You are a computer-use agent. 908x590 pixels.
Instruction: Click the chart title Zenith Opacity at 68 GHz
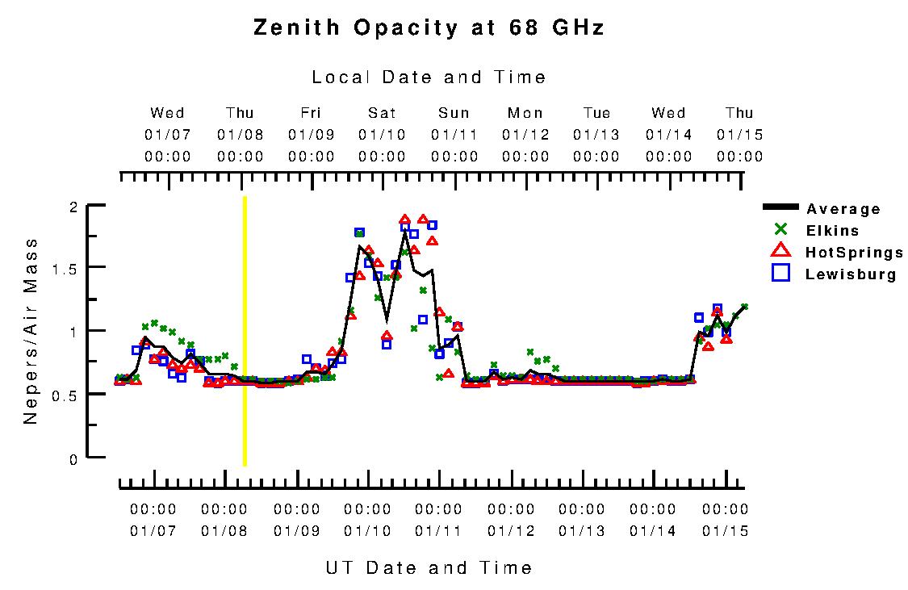pyautogui.click(x=429, y=28)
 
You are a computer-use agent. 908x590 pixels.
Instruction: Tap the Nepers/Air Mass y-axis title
pyautogui.click(x=31, y=331)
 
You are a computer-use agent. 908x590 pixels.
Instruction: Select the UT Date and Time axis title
pyautogui.click(x=429, y=567)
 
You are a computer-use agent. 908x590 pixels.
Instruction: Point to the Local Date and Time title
pyautogui.click(x=429, y=77)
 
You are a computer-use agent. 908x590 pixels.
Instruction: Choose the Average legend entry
pyautogui.click(x=843, y=209)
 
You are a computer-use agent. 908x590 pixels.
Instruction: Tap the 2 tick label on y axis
pyautogui.click(x=73, y=207)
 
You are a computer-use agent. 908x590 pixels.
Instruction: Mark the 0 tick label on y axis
pyautogui.click(x=73, y=459)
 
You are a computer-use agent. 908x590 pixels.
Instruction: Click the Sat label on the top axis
pyautogui.click(x=382, y=113)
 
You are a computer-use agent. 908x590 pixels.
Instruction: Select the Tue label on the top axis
pyautogui.click(x=597, y=113)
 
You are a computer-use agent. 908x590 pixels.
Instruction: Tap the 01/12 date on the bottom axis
pyautogui.click(x=511, y=531)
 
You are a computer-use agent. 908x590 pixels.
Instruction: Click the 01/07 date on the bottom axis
pyautogui.click(x=153, y=531)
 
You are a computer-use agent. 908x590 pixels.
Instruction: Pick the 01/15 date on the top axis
pyautogui.click(x=739, y=135)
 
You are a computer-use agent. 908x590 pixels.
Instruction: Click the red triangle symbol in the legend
pyautogui.click(x=780, y=252)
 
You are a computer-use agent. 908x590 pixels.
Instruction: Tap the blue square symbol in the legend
pyautogui.click(x=780, y=274)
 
